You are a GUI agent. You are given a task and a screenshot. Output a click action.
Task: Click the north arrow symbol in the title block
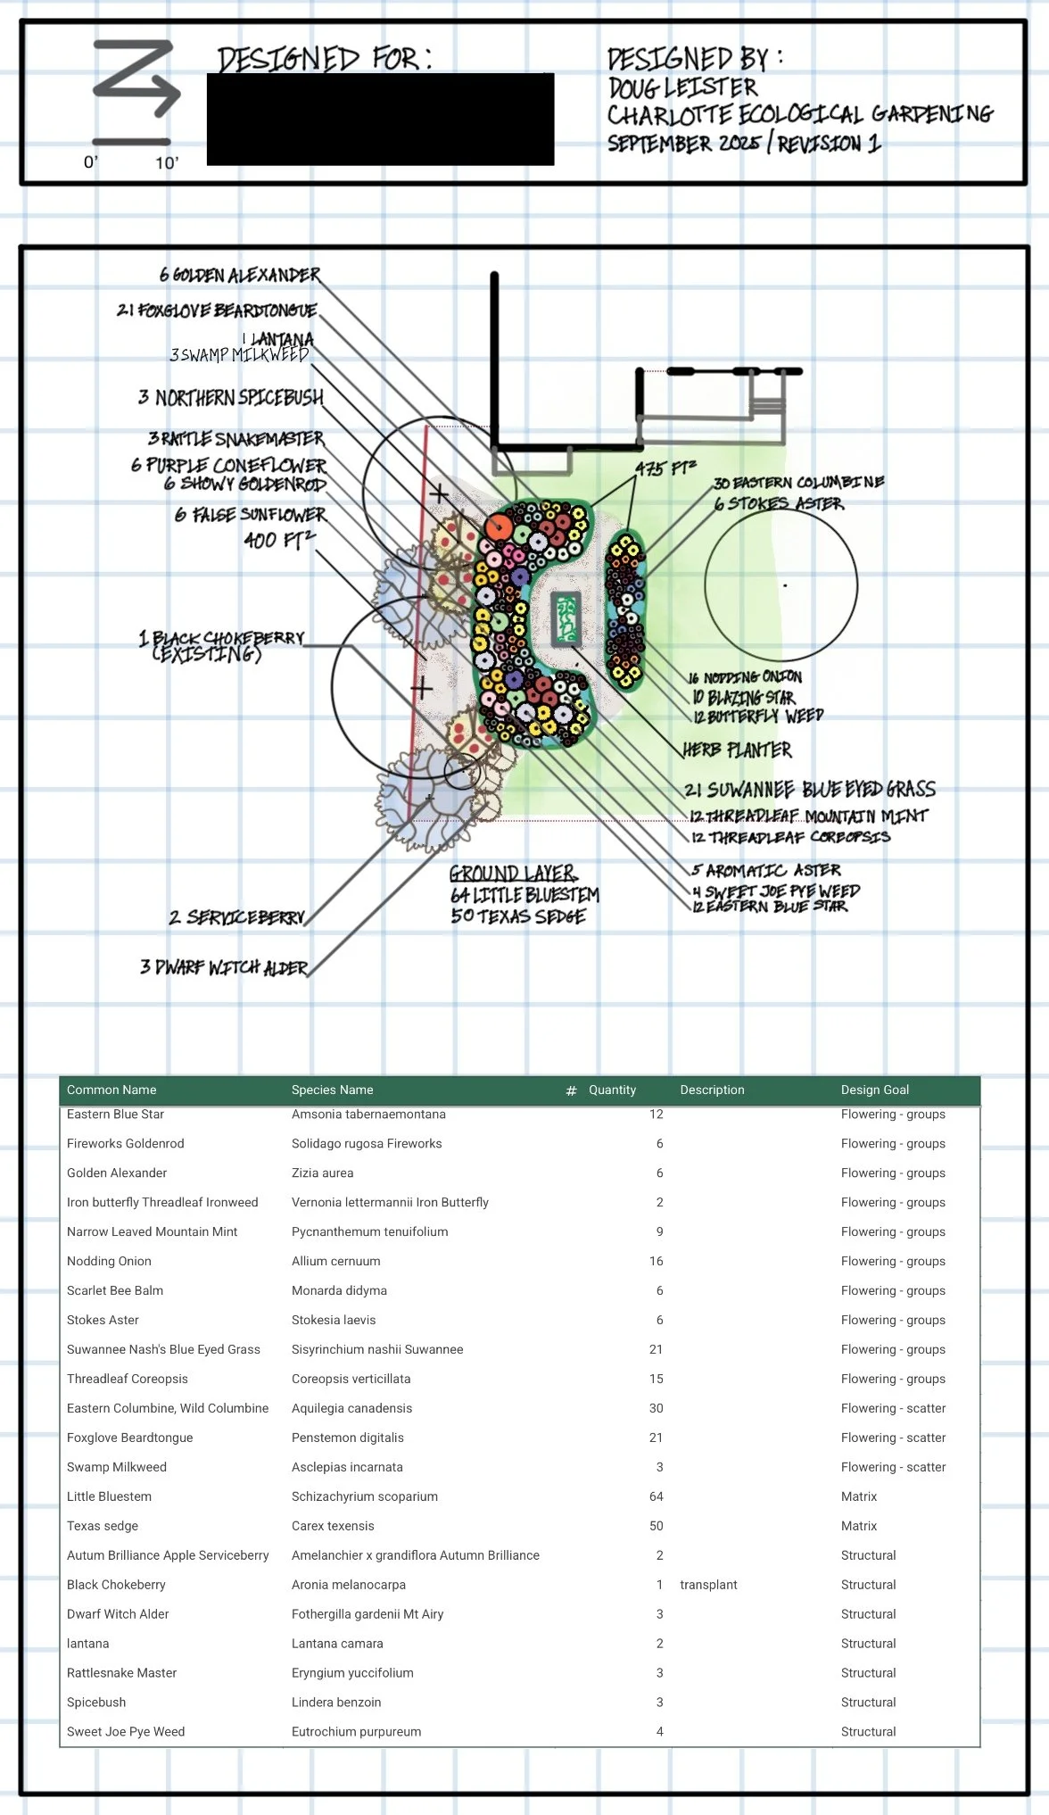[136, 80]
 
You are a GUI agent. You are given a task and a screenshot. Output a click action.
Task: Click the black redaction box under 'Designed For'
[380, 120]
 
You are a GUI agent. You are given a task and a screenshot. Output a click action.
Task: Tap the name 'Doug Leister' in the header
[682, 87]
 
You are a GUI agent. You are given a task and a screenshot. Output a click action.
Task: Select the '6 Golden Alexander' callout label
[240, 275]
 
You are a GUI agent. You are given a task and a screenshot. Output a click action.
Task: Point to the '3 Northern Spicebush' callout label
[231, 398]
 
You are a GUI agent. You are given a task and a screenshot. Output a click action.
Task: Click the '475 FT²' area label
[665, 468]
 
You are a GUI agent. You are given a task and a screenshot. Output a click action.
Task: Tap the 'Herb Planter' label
[737, 750]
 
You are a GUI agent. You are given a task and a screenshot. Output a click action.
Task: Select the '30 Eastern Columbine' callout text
[798, 483]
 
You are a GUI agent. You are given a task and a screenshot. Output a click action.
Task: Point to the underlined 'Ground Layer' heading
[513, 874]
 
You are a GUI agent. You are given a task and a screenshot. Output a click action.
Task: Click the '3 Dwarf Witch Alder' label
[224, 968]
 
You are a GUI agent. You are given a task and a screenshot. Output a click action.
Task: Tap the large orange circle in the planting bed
[499, 527]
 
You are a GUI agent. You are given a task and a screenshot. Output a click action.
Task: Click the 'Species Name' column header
[332, 1090]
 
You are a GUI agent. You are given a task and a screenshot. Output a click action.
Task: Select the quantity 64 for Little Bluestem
[656, 1496]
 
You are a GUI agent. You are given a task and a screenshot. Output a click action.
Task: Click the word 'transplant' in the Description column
[708, 1585]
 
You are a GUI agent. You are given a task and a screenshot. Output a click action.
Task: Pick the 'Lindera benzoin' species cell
[335, 1703]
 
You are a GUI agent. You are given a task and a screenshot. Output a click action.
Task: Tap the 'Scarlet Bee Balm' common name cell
[115, 1290]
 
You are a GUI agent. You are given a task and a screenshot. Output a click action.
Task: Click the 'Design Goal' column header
[874, 1090]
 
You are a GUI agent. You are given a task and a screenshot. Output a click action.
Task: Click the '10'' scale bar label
[167, 163]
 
